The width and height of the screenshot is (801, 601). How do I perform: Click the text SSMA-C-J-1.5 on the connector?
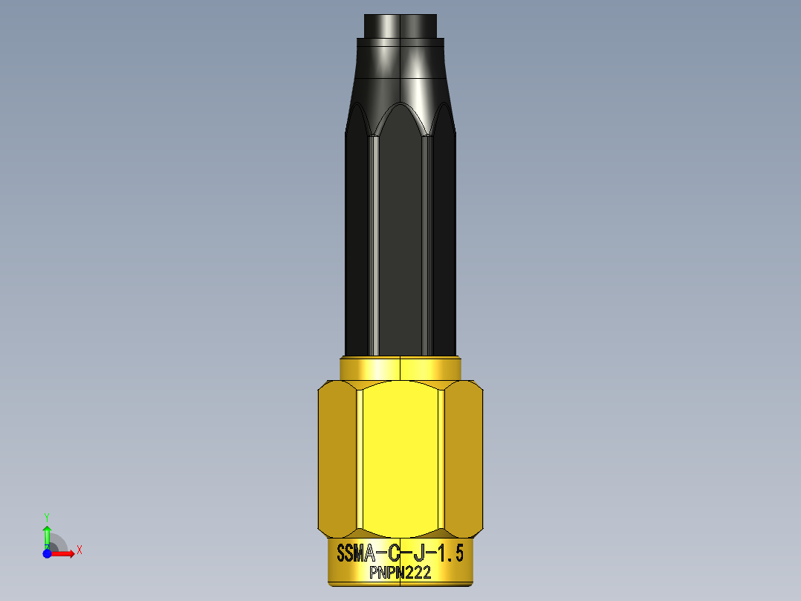point(400,554)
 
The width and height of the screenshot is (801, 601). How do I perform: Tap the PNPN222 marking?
point(400,573)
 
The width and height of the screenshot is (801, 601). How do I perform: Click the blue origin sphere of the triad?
point(47,553)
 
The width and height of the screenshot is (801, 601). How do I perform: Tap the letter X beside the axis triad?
point(80,550)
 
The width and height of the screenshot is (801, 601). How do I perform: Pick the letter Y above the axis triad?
point(47,516)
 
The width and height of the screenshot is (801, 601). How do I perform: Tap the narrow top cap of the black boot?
point(400,26)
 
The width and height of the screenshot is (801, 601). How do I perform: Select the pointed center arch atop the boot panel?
point(400,112)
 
